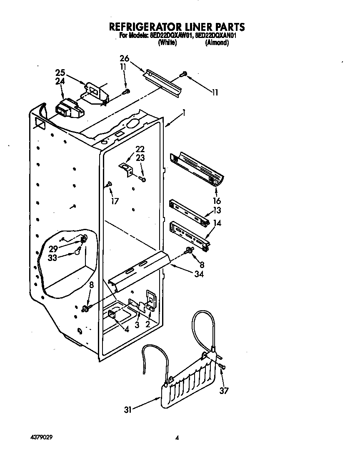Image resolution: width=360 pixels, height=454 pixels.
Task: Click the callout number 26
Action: (x=124, y=58)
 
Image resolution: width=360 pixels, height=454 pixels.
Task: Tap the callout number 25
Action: (x=60, y=72)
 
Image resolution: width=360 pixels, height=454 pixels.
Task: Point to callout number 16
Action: (x=217, y=201)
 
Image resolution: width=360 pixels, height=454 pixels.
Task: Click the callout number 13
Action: (x=217, y=210)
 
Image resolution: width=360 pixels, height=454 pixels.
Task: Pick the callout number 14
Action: (x=217, y=223)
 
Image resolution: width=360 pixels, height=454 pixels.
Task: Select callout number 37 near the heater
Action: (x=224, y=391)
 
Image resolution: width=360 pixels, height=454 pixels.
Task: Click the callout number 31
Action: (x=128, y=410)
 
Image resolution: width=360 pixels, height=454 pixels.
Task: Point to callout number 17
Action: (x=115, y=201)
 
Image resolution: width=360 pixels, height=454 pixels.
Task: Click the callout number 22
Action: (x=140, y=149)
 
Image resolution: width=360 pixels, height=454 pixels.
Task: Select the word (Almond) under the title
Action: (x=217, y=43)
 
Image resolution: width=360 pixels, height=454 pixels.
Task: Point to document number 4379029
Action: (x=41, y=437)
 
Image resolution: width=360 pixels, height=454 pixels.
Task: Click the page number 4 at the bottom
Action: (x=177, y=438)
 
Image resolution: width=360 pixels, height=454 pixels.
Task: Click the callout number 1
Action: (x=184, y=113)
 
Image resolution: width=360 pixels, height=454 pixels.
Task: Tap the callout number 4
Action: (x=126, y=329)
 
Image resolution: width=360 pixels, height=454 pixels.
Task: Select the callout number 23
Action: (x=140, y=158)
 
